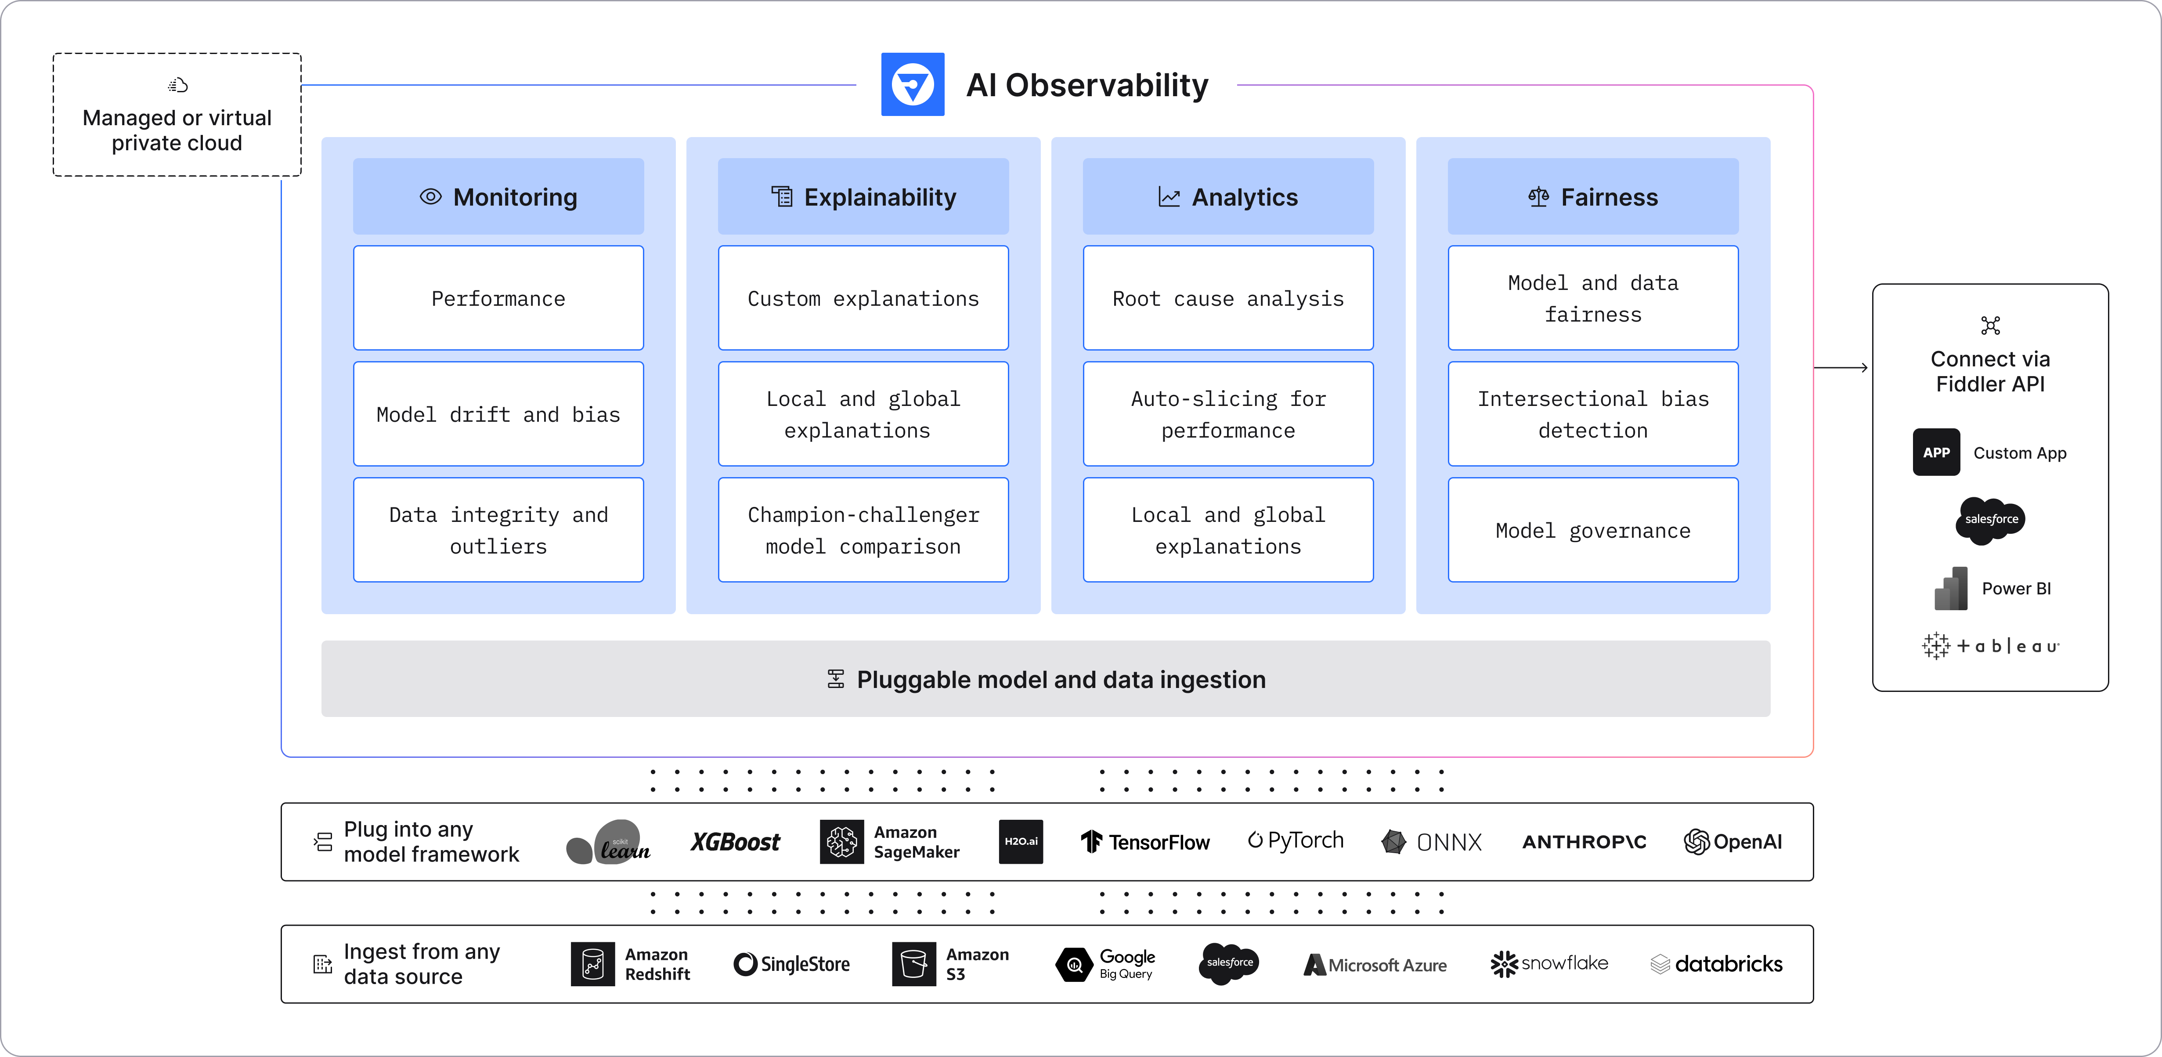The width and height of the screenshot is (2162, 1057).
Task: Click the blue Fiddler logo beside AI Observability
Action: [912, 85]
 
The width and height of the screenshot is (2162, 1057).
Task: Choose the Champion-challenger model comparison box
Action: [863, 530]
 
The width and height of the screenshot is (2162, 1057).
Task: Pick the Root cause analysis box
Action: [1228, 298]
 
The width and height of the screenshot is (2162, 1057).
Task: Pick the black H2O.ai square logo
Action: [1021, 841]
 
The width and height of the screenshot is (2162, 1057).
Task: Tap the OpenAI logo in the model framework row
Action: [1732, 841]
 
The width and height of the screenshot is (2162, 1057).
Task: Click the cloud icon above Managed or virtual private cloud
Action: [177, 85]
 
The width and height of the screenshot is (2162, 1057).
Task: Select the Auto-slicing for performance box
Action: [1228, 414]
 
